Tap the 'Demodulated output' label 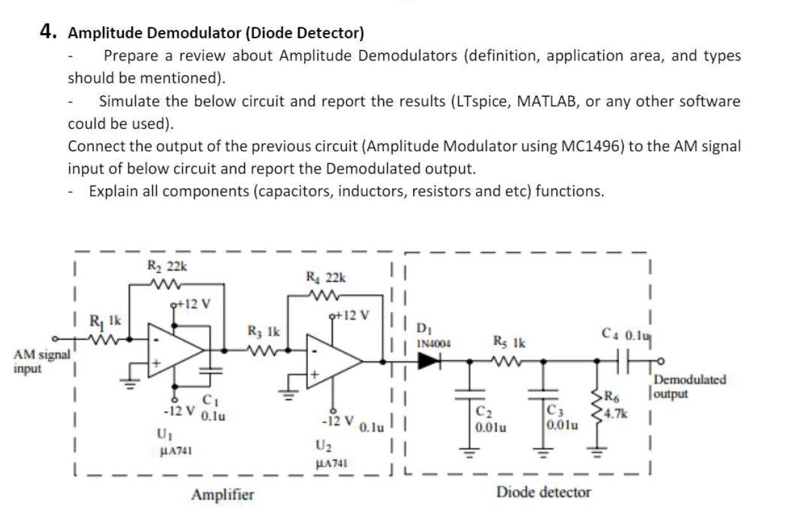(690, 386)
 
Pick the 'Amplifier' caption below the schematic (222, 494)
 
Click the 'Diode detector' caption (543, 491)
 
